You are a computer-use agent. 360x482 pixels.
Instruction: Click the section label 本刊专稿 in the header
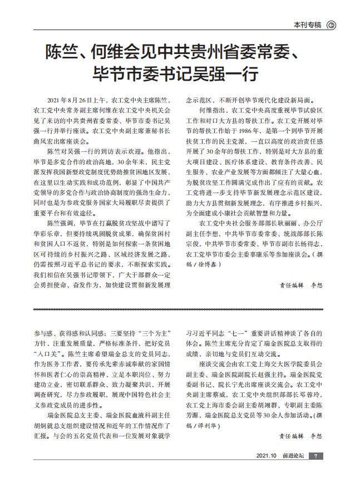(x=307, y=24)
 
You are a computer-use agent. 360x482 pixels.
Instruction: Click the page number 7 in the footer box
(x=315, y=471)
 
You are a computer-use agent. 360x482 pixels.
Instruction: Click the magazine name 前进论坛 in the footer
(x=292, y=471)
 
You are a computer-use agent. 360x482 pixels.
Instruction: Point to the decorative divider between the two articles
(x=180, y=309)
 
